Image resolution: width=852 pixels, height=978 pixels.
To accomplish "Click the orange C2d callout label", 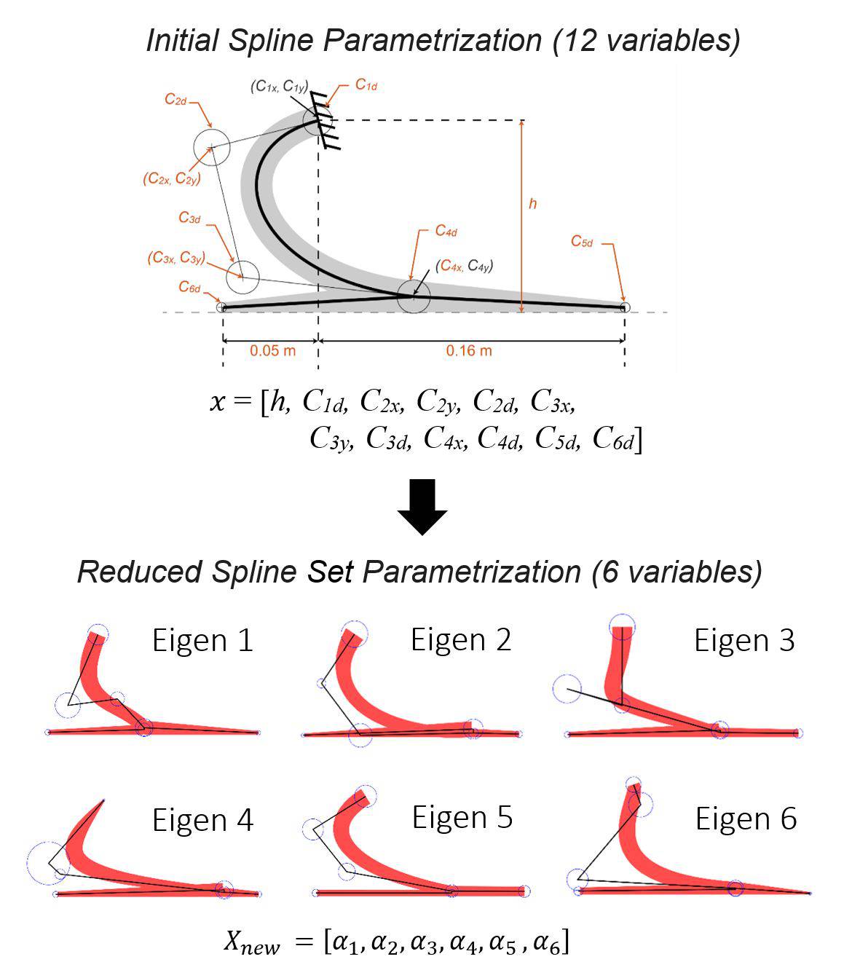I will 175,100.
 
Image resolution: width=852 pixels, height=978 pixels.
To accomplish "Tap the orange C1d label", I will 366,85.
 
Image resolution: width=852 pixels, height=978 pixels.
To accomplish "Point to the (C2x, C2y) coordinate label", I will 172,178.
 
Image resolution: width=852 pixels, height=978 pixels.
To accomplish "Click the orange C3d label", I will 189,217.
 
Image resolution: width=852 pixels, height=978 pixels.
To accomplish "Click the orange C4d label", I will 446,231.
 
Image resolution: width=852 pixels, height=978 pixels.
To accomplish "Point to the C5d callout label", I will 581,242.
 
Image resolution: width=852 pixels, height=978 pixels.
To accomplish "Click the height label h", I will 532,204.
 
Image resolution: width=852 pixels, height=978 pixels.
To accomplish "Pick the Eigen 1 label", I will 202,641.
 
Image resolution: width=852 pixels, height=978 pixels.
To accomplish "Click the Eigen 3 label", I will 744,641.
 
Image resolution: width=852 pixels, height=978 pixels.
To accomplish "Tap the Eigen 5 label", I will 462,818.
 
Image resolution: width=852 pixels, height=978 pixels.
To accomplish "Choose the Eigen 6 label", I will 746,819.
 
